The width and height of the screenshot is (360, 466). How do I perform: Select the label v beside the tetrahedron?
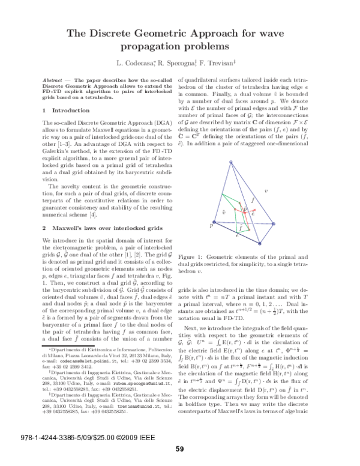point(266,191)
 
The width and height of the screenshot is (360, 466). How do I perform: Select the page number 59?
point(179,448)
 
